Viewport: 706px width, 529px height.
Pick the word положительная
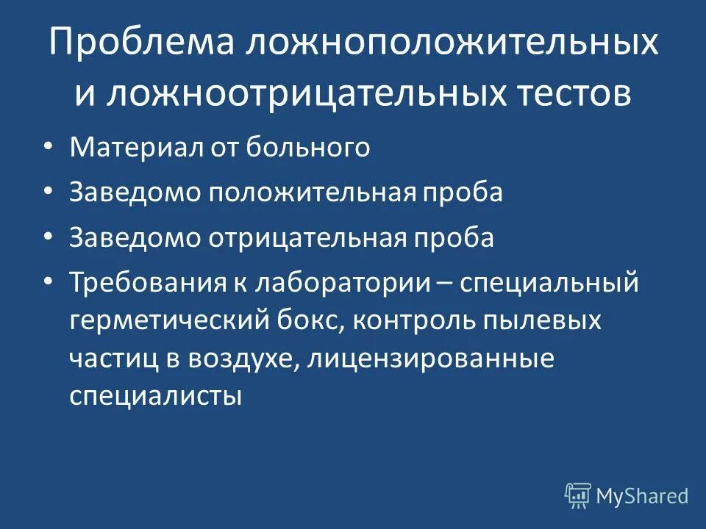click(x=312, y=192)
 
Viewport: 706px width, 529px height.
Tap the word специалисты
click(x=156, y=397)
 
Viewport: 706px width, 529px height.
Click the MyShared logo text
click(x=642, y=497)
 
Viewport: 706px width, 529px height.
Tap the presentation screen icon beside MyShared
click(x=578, y=496)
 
